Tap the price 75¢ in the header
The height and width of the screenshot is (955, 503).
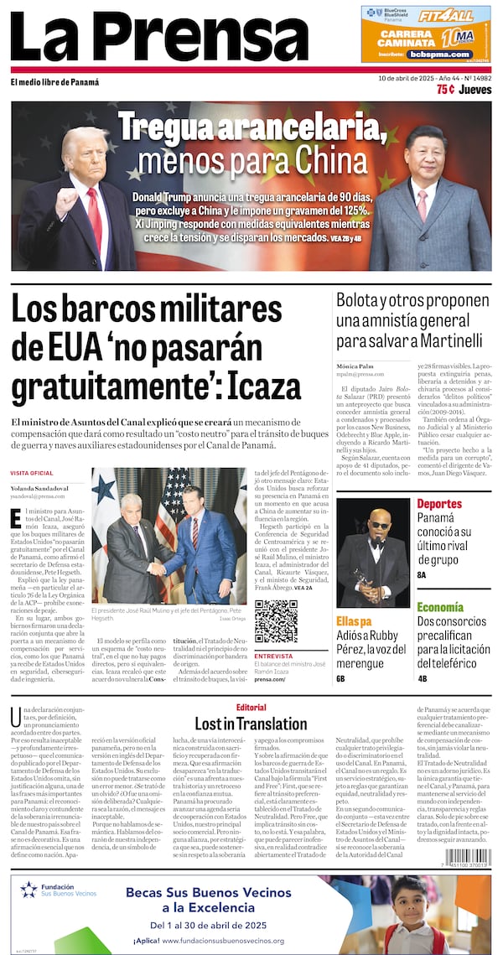447,89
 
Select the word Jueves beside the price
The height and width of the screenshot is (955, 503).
475,89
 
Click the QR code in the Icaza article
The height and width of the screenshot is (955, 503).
276,620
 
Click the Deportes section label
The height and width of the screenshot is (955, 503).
439,505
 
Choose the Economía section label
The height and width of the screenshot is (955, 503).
440,607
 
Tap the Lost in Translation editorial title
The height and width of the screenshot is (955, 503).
251,723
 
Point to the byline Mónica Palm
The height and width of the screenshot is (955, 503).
355,366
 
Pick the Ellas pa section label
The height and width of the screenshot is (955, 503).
354,621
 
